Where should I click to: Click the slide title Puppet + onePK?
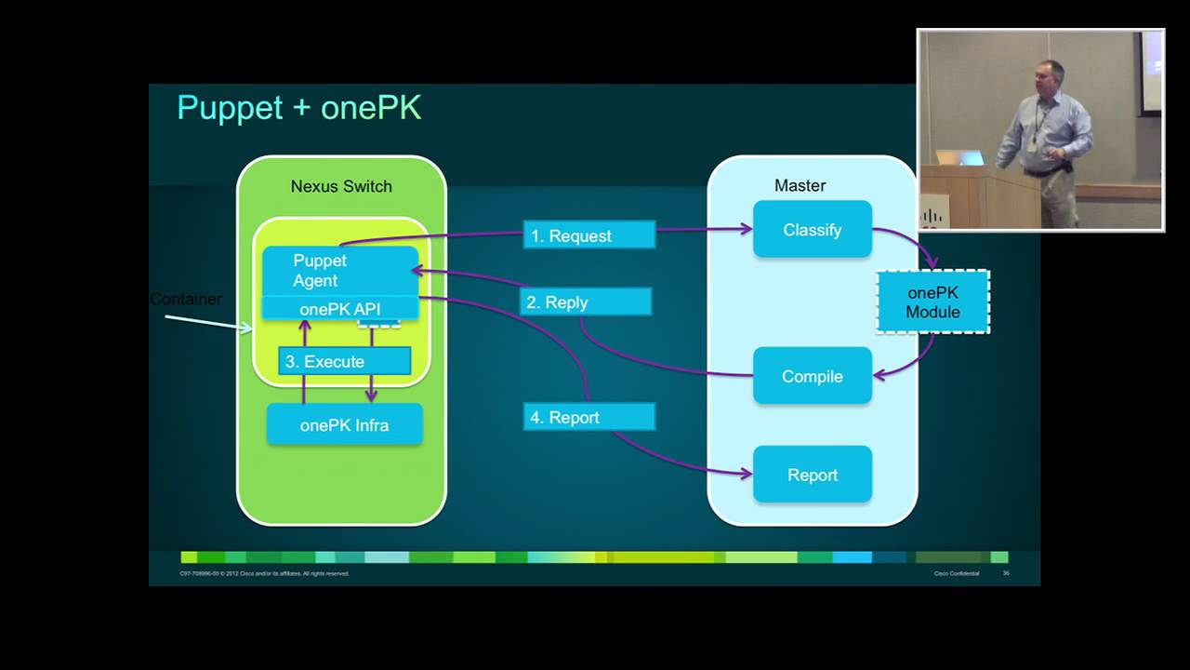pyautogui.click(x=298, y=108)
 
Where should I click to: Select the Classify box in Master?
pyautogui.click(x=812, y=230)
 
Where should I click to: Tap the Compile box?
pyautogui.click(x=812, y=377)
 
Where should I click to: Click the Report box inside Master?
pyautogui.click(x=812, y=476)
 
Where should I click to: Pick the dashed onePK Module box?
pyautogui.click(x=932, y=302)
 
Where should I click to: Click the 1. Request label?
pyautogui.click(x=588, y=236)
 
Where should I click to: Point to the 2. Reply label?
pyautogui.click(x=585, y=302)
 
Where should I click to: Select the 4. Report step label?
pyautogui.click(x=588, y=418)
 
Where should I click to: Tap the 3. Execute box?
pyautogui.click(x=344, y=361)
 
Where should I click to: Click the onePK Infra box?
pyautogui.click(x=344, y=425)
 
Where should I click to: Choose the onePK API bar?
pyautogui.click(x=339, y=309)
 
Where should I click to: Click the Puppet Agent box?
pyautogui.click(x=339, y=270)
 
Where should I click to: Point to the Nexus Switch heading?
pyautogui.click(x=341, y=186)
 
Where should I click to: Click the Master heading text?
pyautogui.click(x=800, y=186)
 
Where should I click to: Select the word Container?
pyautogui.click(x=186, y=299)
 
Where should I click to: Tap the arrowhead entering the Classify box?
pyautogui.click(x=747, y=228)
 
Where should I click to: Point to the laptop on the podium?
pyautogui.click(x=959, y=158)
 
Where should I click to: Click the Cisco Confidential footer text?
pyautogui.click(x=956, y=573)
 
